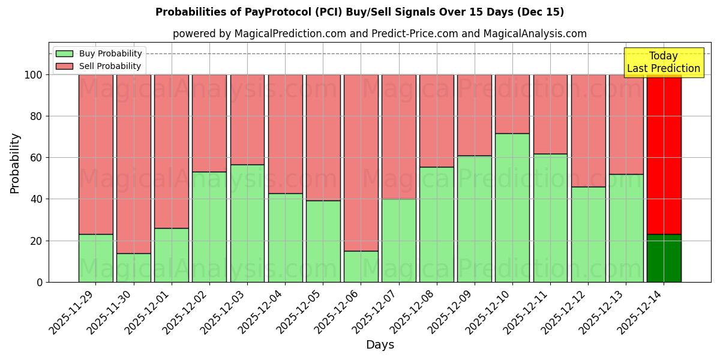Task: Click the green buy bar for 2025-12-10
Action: tap(512, 208)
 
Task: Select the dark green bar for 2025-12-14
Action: tap(664, 258)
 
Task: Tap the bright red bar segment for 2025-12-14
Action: tap(664, 154)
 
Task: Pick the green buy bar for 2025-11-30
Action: tap(134, 268)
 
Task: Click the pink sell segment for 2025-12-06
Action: tap(361, 163)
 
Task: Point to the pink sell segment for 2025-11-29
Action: tap(96, 154)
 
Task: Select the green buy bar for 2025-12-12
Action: tap(589, 234)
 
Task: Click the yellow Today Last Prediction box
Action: tap(663, 62)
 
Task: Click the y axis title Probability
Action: tap(15, 163)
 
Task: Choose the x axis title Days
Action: tap(380, 345)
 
